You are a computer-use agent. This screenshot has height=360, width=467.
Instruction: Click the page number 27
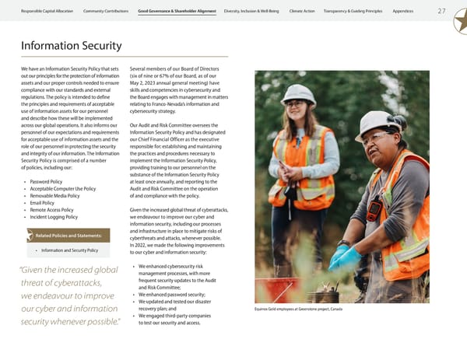point(441,11)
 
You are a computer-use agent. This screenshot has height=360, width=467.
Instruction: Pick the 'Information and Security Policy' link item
point(69,250)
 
